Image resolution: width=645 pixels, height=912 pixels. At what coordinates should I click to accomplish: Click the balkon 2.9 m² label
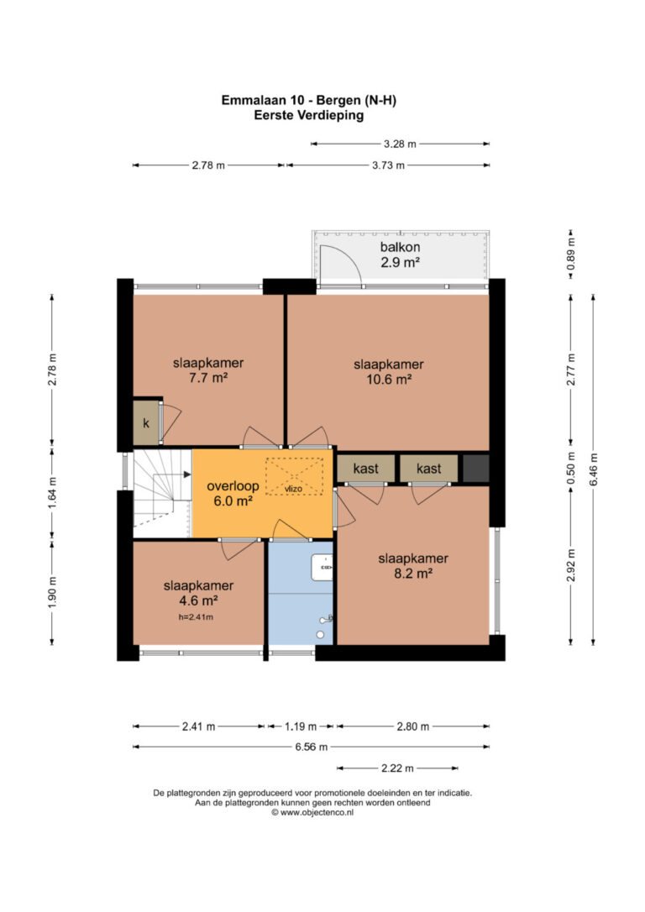(x=400, y=254)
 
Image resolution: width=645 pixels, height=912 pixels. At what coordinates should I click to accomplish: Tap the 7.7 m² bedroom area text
(x=208, y=378)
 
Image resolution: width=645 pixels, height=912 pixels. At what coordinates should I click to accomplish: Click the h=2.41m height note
(x=196, y=617)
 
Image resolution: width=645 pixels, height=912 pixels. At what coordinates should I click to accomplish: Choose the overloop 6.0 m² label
(x=233, y=493)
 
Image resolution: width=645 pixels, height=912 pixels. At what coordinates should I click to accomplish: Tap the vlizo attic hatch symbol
(x=294, y=477)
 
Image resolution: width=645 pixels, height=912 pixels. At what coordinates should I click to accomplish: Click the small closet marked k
(x=146, y=423)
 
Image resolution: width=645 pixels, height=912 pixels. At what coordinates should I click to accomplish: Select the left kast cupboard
(x=366, y=469)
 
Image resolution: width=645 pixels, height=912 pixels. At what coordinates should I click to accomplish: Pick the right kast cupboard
(x=428, y=469)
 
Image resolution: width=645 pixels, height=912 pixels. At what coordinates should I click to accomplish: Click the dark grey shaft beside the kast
(x=475, y=469)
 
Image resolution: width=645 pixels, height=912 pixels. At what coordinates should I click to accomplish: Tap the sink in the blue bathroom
(x=322, y=567)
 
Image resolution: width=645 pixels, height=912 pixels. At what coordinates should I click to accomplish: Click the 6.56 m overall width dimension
(x=311, y=747)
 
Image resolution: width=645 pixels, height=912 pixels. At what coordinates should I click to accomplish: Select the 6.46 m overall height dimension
(x=593, y=469)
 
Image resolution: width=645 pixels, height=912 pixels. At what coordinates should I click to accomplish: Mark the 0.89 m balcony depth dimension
(x=570, y=254)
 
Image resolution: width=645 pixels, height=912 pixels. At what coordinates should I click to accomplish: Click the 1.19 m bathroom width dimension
(x=301, y=726)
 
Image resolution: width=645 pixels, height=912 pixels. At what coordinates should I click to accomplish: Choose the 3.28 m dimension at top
(x=400, y=144)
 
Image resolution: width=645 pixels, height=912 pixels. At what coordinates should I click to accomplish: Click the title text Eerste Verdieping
(x=309, y=115)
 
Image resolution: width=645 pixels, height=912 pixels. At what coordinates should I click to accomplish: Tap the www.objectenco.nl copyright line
(x=312, y=813)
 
